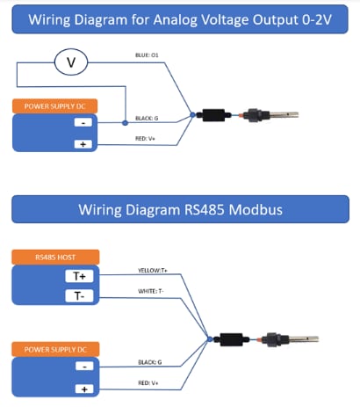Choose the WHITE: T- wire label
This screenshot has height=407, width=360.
point(154,291)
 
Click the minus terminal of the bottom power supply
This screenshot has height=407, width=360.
point(84,366)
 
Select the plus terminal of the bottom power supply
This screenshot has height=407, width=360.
point(84,388)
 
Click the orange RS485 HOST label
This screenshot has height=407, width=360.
point(54,258)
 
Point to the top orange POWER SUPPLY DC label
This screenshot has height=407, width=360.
point(54,106)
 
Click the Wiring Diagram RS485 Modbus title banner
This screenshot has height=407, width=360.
point(180,209)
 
